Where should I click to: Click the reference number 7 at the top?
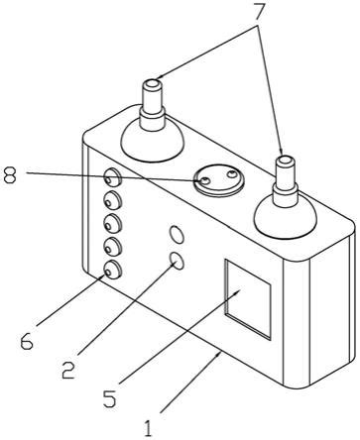click(260, 12)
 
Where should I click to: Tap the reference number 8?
click(10, 174)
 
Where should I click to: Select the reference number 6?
click(27, 341)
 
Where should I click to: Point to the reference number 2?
click(68, 370)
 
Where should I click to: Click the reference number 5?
click(110, 398)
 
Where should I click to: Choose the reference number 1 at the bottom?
click(149, 428)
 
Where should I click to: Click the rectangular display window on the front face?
click(248, 299)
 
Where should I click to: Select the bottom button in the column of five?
click(113, 270)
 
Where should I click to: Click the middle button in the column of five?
click(113, 224)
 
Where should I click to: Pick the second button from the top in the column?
click(113, 200)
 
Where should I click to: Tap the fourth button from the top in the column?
click(113, 247)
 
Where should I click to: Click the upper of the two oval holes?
click(177, 235)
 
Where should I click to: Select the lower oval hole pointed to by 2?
click(177, 261)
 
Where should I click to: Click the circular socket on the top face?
click(219, 180)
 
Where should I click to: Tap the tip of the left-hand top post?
click(152, 83)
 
